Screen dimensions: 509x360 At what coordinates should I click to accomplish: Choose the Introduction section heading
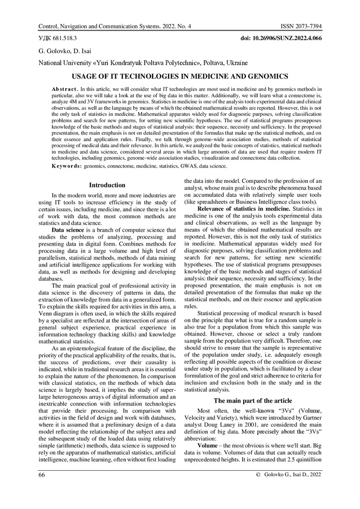[107, 185]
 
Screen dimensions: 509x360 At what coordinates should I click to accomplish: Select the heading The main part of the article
[253, 401]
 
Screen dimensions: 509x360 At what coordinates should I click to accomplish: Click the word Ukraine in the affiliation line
[233, 63]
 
